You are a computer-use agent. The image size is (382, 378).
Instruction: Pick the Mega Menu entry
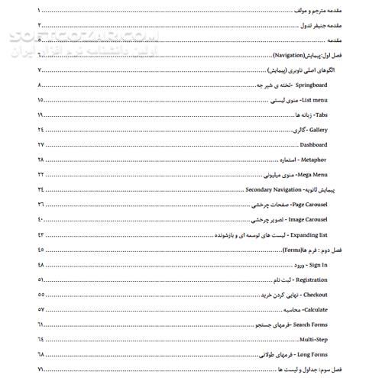click(309, 174)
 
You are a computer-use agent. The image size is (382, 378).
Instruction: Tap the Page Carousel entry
click(303, 204)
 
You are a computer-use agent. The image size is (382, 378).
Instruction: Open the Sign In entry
click(316, 264)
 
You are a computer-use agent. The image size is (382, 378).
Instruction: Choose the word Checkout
click(314, 295)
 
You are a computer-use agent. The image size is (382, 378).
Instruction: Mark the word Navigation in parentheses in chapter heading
click(290, 57)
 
